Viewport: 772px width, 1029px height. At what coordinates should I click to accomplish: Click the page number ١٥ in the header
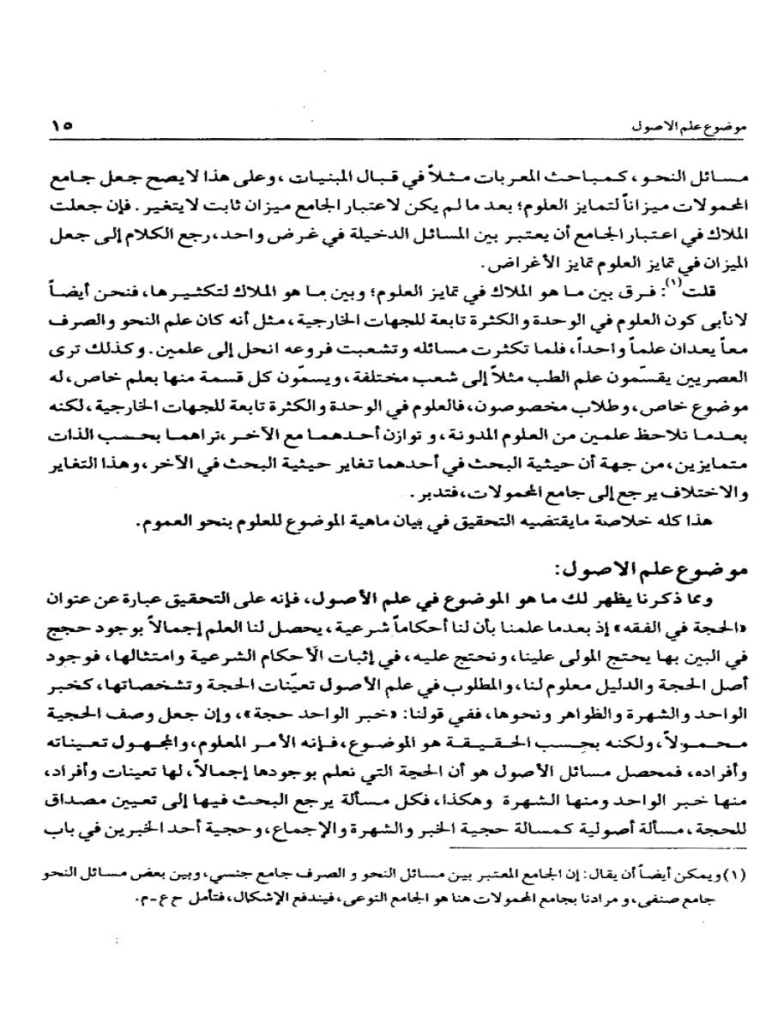pos(62,125)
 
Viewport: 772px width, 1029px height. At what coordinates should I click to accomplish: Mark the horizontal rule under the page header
pos(386,141)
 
